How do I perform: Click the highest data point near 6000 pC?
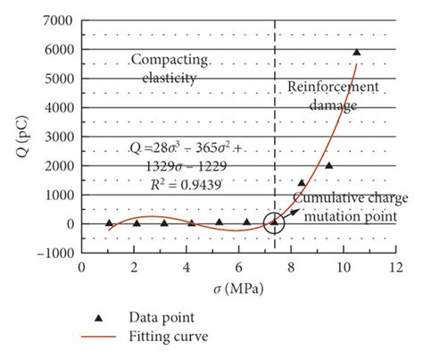357,53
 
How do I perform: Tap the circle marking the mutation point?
274,222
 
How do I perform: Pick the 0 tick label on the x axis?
81,266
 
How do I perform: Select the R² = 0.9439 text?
184,182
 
